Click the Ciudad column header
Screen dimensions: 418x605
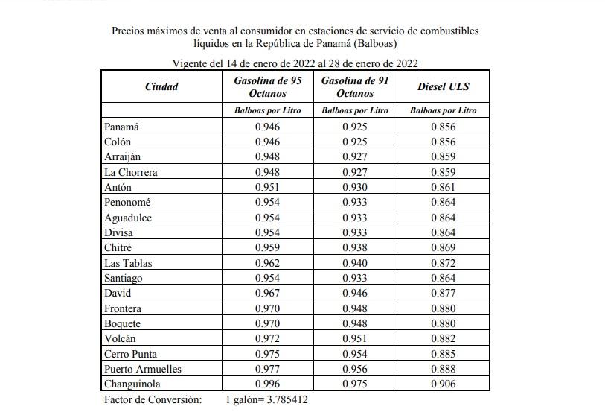click(161, 86)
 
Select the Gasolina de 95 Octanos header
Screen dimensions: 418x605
click(268, 86)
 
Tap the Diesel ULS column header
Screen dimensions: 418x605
click(444, 86)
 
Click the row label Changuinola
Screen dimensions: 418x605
click(132, 384)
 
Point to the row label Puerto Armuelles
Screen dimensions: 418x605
click(143, 369)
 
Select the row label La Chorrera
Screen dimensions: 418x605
click(130, 172)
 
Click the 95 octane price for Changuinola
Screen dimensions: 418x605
click(268, 384)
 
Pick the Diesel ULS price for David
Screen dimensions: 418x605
click(444, 293)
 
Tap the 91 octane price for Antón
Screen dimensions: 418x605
click(355, 187)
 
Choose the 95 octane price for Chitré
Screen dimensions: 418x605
click(268, 247)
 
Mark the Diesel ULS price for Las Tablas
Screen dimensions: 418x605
click(444, 263)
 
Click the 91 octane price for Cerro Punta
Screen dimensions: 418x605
click(355, 354)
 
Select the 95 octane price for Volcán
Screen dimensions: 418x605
click(268, 338)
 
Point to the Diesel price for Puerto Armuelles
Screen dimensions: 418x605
click(444, 369)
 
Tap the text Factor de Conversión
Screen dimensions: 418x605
click(153, 400)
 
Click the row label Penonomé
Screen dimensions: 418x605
click(127, 202)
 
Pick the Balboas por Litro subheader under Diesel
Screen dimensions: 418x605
click(444, 110)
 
